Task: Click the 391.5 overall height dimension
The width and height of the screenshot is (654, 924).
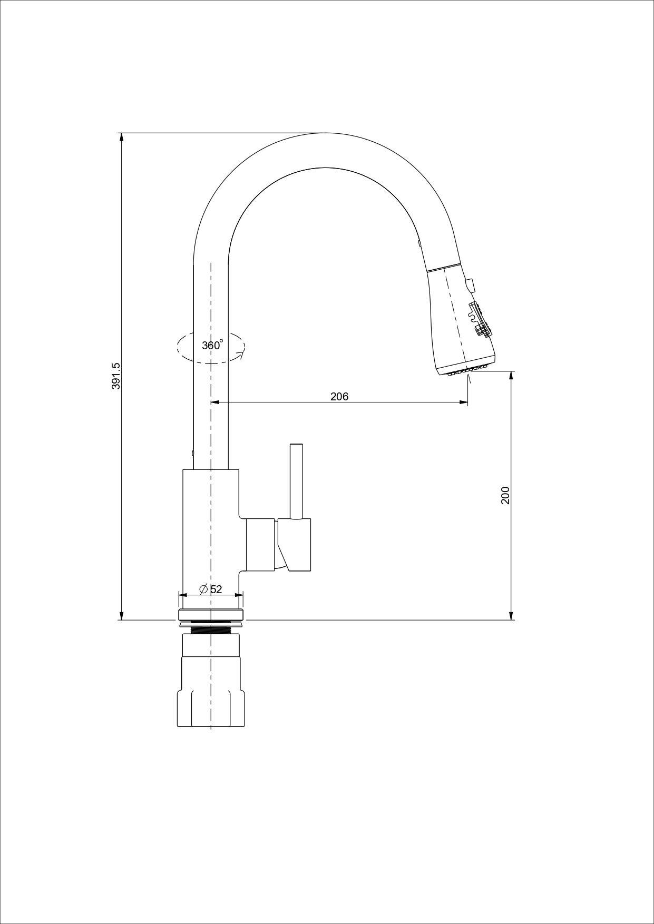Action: (116, 376)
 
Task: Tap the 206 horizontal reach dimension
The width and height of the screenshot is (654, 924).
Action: (339, 397)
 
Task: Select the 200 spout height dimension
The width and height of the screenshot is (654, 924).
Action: (505, 495)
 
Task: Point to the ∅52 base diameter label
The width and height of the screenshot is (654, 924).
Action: (211, 589)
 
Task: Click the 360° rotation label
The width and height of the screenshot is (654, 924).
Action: (212, 345)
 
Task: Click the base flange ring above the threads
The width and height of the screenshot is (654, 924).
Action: (211, 615)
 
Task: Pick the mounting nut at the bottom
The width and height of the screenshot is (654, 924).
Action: (211, 682)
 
